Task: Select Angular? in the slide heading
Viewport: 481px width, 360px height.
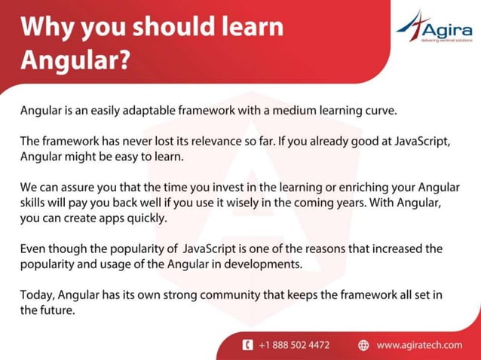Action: click(75, 60)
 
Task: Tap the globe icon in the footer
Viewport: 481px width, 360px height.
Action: click(363, 345)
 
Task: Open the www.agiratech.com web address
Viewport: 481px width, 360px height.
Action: click(419, 345)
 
